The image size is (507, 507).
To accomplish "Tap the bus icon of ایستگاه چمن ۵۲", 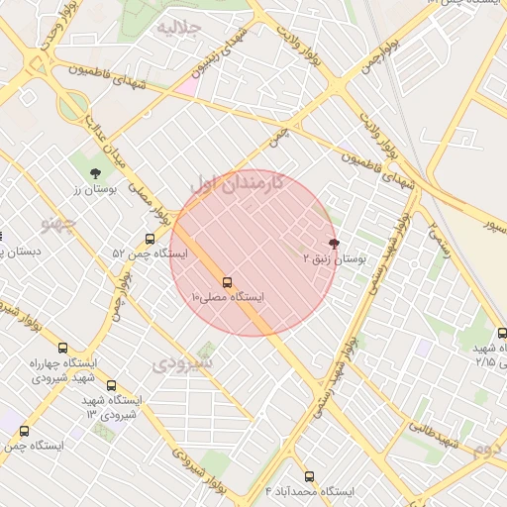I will pyautogui.click(x=150, y=239).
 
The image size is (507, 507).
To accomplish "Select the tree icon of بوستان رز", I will pyautogui.click(x=95, y=172).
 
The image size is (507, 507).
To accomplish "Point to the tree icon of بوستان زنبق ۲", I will pyautogui.click(x=333, y=242).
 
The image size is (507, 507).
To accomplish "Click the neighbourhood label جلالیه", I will pyautogui.click(x=179, y=27).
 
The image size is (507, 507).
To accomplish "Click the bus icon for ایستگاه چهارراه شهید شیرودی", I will pyautogui.click(x=62, y=348).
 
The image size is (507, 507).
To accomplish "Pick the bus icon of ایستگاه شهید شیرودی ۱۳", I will pyautogui.click(x=111, y=385).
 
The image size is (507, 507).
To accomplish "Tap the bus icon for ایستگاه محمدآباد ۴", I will pyautogui.click(x=309, y=476).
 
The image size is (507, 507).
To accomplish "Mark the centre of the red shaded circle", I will pyautogui.click(x=253, y=253).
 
